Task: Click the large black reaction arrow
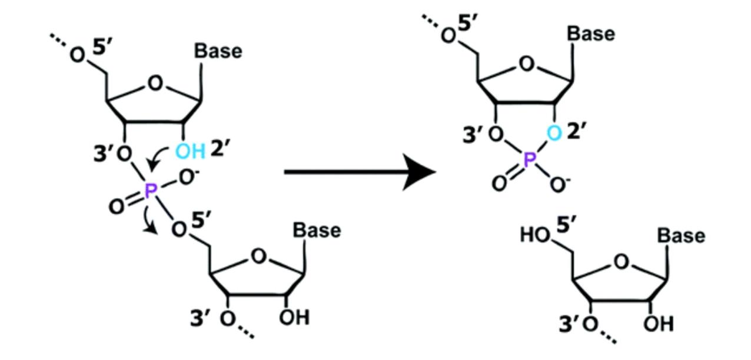pyautogui.click(x=360, y=172)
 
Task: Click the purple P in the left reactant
pyautogui.click(x=151, y=191)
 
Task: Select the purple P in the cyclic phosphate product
pyautogui.click(x=529, y=159)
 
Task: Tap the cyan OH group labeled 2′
pyautogui.click(x=191, y=151)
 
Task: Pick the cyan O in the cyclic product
pyautogui.click(x=554, y=133)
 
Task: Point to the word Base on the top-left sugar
pyautogui.click(x=218, y=51)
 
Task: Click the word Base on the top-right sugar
pyautogui.click(x=591, y=34)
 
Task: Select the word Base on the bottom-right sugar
pyautogui.click(x=681, y=235)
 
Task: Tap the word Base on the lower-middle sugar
pyautogui.click(x=317, y=230)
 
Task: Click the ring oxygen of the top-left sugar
pyautogui.click(x=155, y=83)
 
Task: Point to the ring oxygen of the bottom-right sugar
pyautogui.click(x=622, y=262)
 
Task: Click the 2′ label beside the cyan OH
pyautogui.click(x=221, y=148)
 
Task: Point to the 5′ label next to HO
pyautogui.click(x=567, y=224)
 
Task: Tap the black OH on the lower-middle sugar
pyautogui.click(x=294, y=318)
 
